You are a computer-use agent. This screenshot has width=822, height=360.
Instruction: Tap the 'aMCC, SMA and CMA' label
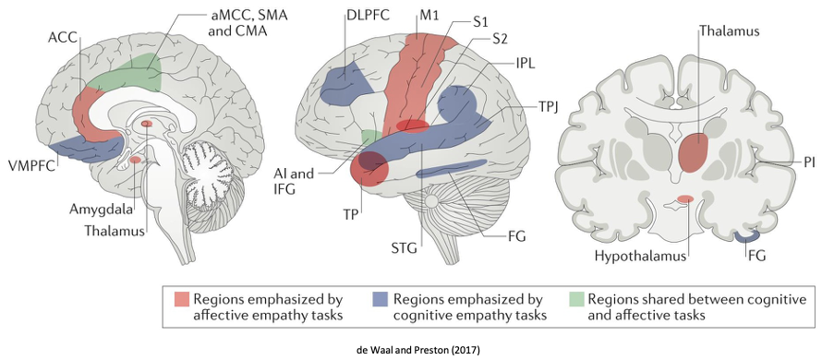(236, 26)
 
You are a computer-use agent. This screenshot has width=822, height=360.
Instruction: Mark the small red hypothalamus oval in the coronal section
(685, 199)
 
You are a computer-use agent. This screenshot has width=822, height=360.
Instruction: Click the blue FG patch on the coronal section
(747, 236)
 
